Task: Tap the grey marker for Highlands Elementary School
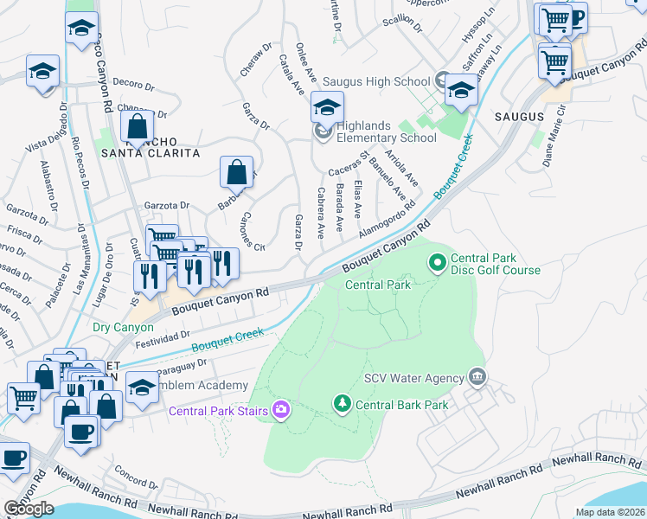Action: [x=323, y=131]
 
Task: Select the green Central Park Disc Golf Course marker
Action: [x=438, y=259]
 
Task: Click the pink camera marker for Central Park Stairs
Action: [x=281, y=409]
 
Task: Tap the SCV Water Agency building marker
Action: [x=476, y=376]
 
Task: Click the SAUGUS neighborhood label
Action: [x=520, y=116]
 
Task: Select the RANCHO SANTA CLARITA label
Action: [x=151, y=147]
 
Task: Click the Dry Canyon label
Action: [x=123, y=328]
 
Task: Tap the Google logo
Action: [x=29, y=509]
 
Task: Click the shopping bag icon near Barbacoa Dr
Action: [x=236, y=172]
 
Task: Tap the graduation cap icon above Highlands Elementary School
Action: [x=328, y=107]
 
